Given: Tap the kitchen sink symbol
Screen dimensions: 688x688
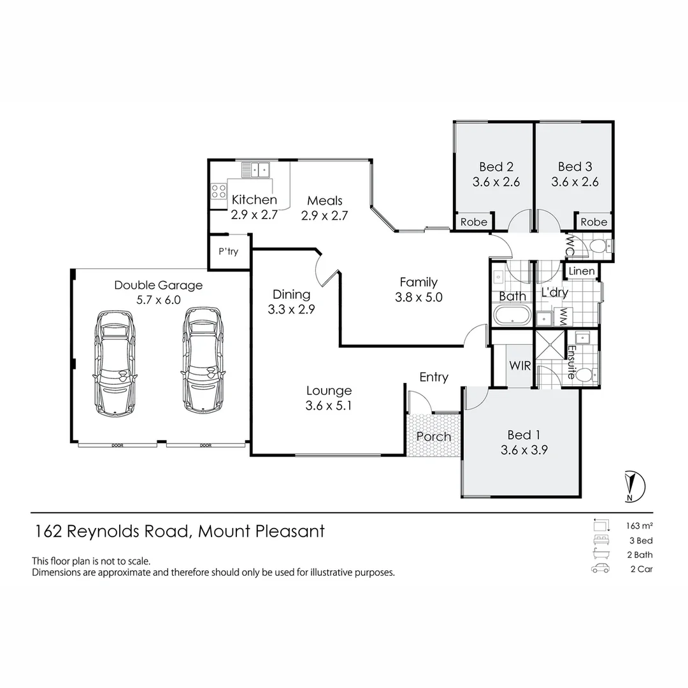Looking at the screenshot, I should pos(255,169).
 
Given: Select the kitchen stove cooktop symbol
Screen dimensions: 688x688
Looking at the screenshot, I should pos(219,191).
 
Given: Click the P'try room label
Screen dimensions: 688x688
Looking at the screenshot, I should pos(228,252).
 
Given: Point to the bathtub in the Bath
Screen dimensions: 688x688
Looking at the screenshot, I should pos(512,316).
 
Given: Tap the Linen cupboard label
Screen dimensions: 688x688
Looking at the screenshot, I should pos(581,271).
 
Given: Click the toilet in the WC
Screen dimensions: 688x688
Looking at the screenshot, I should pos(598,246).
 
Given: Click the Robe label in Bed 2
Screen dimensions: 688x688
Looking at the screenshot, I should pos(473,222).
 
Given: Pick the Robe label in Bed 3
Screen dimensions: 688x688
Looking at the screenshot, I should pos(594,222).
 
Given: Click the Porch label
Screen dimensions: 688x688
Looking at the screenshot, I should pos(433,437).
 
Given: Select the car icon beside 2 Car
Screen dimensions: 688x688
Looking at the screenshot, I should pos(600,569).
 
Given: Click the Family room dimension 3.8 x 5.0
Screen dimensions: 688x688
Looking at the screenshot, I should pos(418,297).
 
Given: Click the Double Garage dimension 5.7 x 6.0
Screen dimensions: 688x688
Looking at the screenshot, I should pos(158,300).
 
